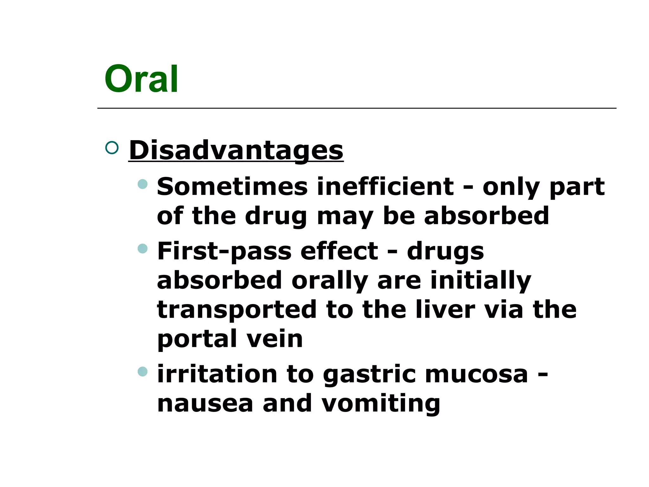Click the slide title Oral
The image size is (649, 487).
(x=141, y=79)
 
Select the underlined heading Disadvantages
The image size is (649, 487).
(x=236, y=150)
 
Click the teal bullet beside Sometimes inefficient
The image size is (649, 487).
(x=143, y=184)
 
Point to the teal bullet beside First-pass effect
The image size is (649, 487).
(x=143, y=248)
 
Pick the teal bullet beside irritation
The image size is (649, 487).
(x=143, y=371)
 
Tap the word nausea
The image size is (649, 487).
(x=205, y=404)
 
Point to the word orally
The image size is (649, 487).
(x=330, y=281)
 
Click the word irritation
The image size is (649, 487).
(x=217, y=374)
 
